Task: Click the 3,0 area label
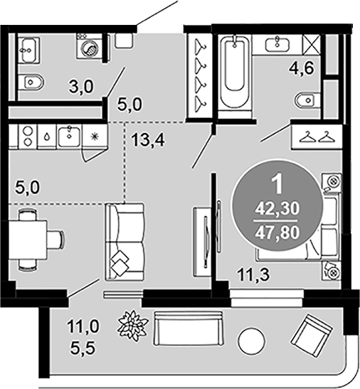coord(81,87)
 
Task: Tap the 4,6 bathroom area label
coord(302,68)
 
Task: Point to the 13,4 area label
coord(148,140)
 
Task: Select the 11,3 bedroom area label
coord(253,275)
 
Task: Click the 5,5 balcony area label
coord(83,348)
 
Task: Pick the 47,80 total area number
coord(277,233)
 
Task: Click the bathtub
coord(235,71)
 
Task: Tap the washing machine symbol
coord(90,46)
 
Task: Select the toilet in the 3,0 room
coord(31,82)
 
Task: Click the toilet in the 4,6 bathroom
coord(307,100)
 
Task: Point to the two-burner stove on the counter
coord(28,137)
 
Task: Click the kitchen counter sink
coord(69,137)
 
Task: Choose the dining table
coord(28,240)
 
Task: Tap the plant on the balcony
coord(133,326)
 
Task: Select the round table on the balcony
coord(252,341)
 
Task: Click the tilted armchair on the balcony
coord(312,336)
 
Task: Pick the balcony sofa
coord(189,329)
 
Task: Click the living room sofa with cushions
coord(125,242)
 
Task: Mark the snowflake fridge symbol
coord(95,137)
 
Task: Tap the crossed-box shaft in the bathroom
coord(311,45)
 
